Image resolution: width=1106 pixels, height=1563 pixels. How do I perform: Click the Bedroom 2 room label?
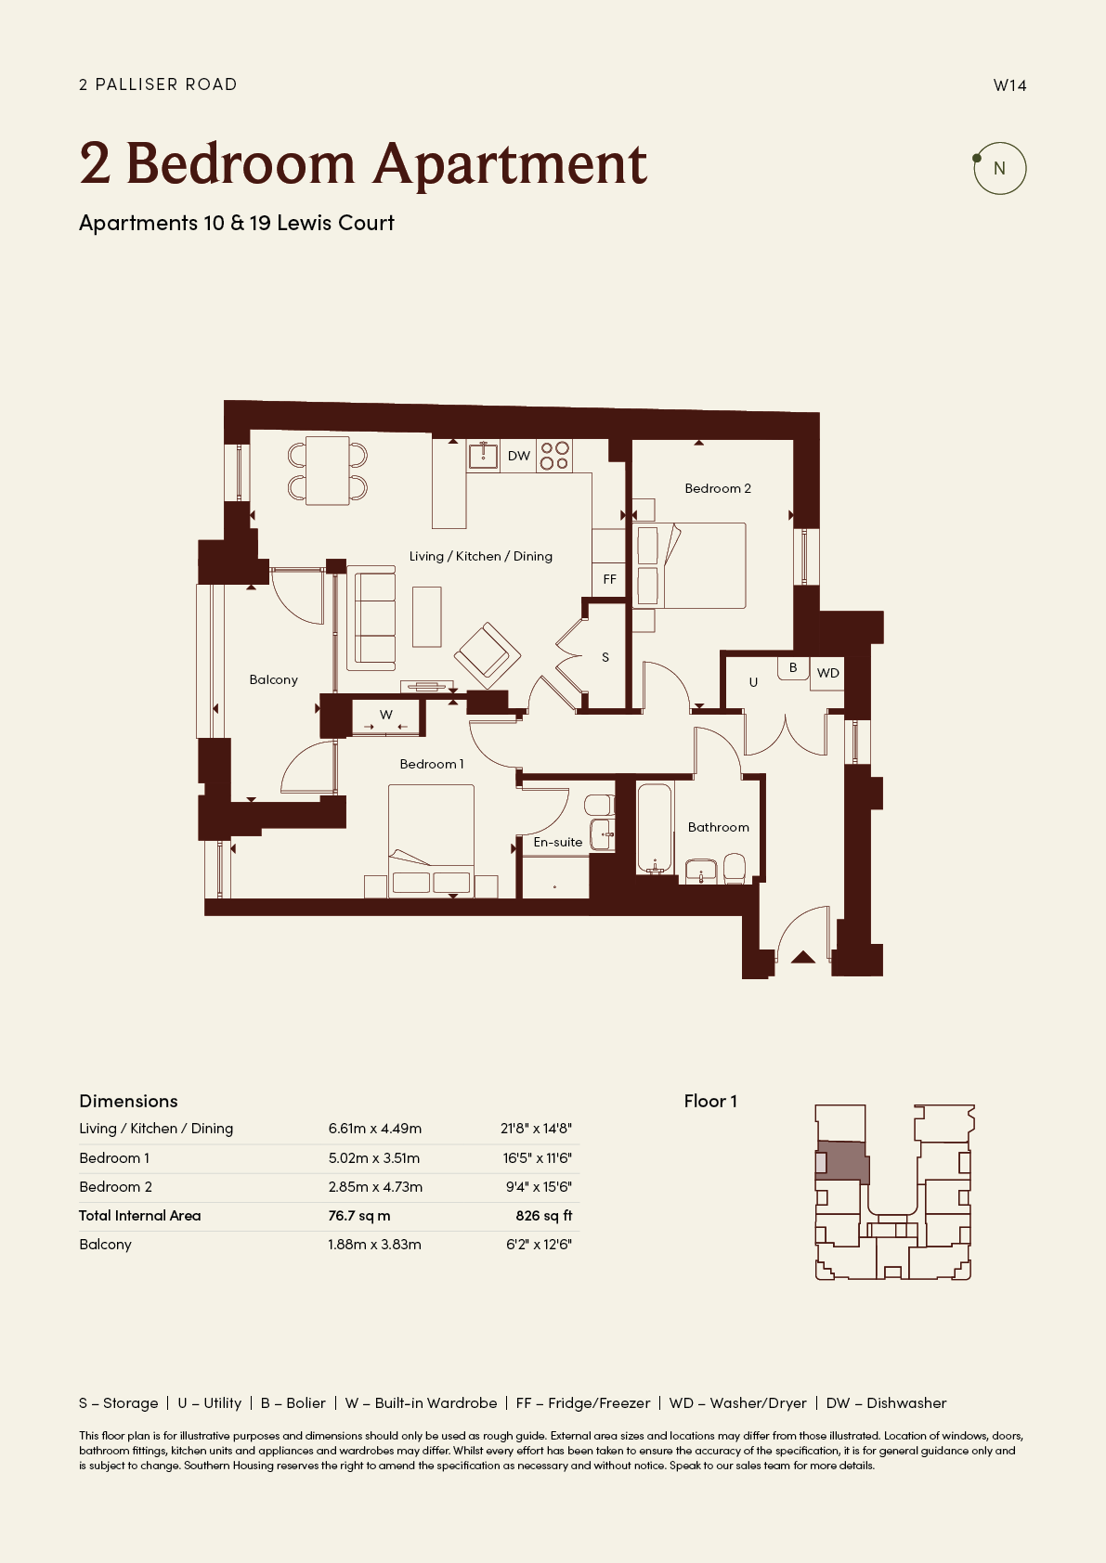718,488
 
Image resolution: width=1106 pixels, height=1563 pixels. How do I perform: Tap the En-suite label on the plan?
558,842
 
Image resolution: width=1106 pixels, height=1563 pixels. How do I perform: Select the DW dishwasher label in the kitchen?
519,456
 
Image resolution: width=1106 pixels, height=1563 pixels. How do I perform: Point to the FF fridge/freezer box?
609,579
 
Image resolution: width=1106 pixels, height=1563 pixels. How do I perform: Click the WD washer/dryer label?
828,673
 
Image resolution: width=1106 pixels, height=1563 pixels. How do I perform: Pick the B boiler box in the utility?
793,667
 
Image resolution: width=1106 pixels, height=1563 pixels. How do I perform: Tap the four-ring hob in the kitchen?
554,456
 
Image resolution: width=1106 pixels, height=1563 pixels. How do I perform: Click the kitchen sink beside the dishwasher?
483,456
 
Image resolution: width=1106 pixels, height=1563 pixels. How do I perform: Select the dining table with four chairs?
328,471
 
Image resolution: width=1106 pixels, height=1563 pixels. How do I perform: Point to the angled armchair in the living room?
488,653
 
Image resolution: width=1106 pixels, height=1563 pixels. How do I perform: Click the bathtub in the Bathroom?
655,828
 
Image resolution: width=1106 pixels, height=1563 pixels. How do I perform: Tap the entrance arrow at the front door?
803,957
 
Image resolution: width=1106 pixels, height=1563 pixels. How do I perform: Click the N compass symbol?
999,168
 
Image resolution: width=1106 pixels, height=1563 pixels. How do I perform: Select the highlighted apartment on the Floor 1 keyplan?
843,1162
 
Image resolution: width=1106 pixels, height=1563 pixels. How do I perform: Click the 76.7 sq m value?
358,1216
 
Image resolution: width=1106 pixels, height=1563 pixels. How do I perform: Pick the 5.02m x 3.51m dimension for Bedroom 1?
374,1158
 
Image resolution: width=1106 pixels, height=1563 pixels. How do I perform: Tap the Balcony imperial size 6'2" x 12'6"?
539,1244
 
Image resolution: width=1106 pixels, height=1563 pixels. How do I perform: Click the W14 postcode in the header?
1009,85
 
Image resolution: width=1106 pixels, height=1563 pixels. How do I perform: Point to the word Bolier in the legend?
306,1403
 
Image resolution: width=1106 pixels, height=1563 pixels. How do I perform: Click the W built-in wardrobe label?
386,715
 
